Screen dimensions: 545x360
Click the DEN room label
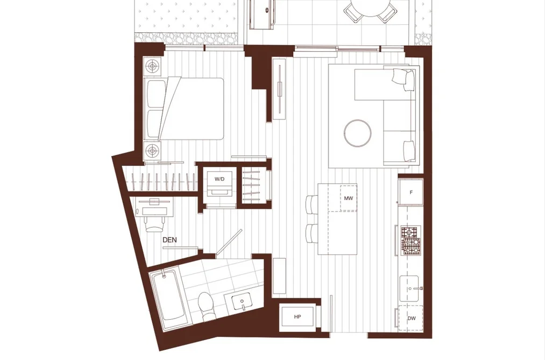point(169,240)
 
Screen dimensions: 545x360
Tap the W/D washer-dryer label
point(220,179)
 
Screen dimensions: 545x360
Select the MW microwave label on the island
point(348,199)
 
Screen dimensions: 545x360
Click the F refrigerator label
point(411,192)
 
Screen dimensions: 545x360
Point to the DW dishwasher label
point(412,319)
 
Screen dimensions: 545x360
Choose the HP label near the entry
point(298,317)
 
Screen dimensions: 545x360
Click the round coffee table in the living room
point(357,133)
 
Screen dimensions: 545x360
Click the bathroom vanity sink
point(242,301)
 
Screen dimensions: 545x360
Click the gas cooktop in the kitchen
point(410,241)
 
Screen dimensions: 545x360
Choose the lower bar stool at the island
point(312,234)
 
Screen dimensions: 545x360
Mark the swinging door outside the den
point(229,243)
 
